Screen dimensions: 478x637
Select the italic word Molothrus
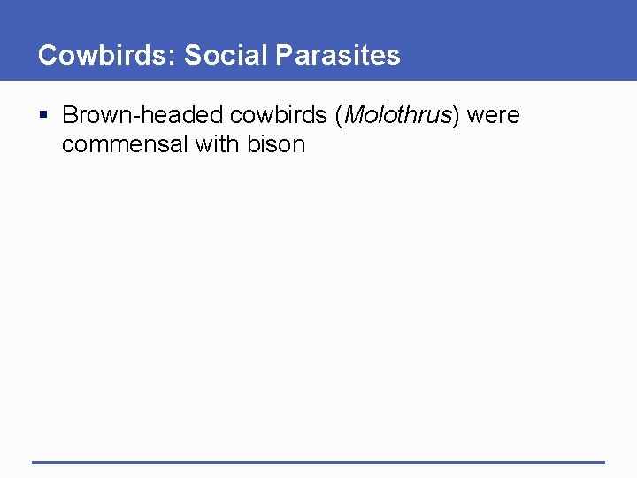click(396, 116)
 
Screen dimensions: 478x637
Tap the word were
click(494, 116)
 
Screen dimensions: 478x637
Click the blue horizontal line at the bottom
click(318, 461)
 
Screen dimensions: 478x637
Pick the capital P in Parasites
click(285, 56)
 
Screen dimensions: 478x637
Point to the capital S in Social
click(191, 56)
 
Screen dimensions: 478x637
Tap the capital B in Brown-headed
click(69, 116)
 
